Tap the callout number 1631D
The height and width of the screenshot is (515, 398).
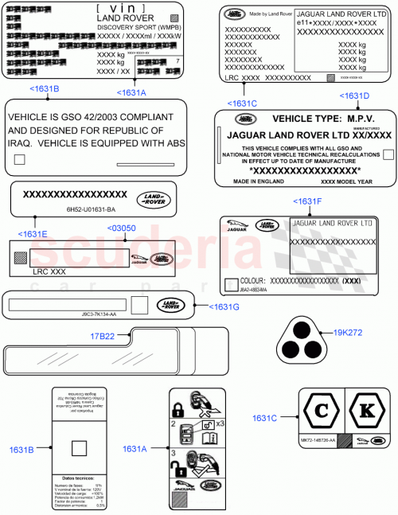[x=355, y=96]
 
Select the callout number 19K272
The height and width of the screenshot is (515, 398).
[x=348, y=334]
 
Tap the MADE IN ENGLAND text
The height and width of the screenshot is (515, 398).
[x=256, y=181]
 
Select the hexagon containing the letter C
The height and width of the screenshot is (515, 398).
[x=320, y=412]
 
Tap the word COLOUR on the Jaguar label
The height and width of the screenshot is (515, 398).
[x=254, y=282]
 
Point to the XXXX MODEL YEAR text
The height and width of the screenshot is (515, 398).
[x=349, y=181]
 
